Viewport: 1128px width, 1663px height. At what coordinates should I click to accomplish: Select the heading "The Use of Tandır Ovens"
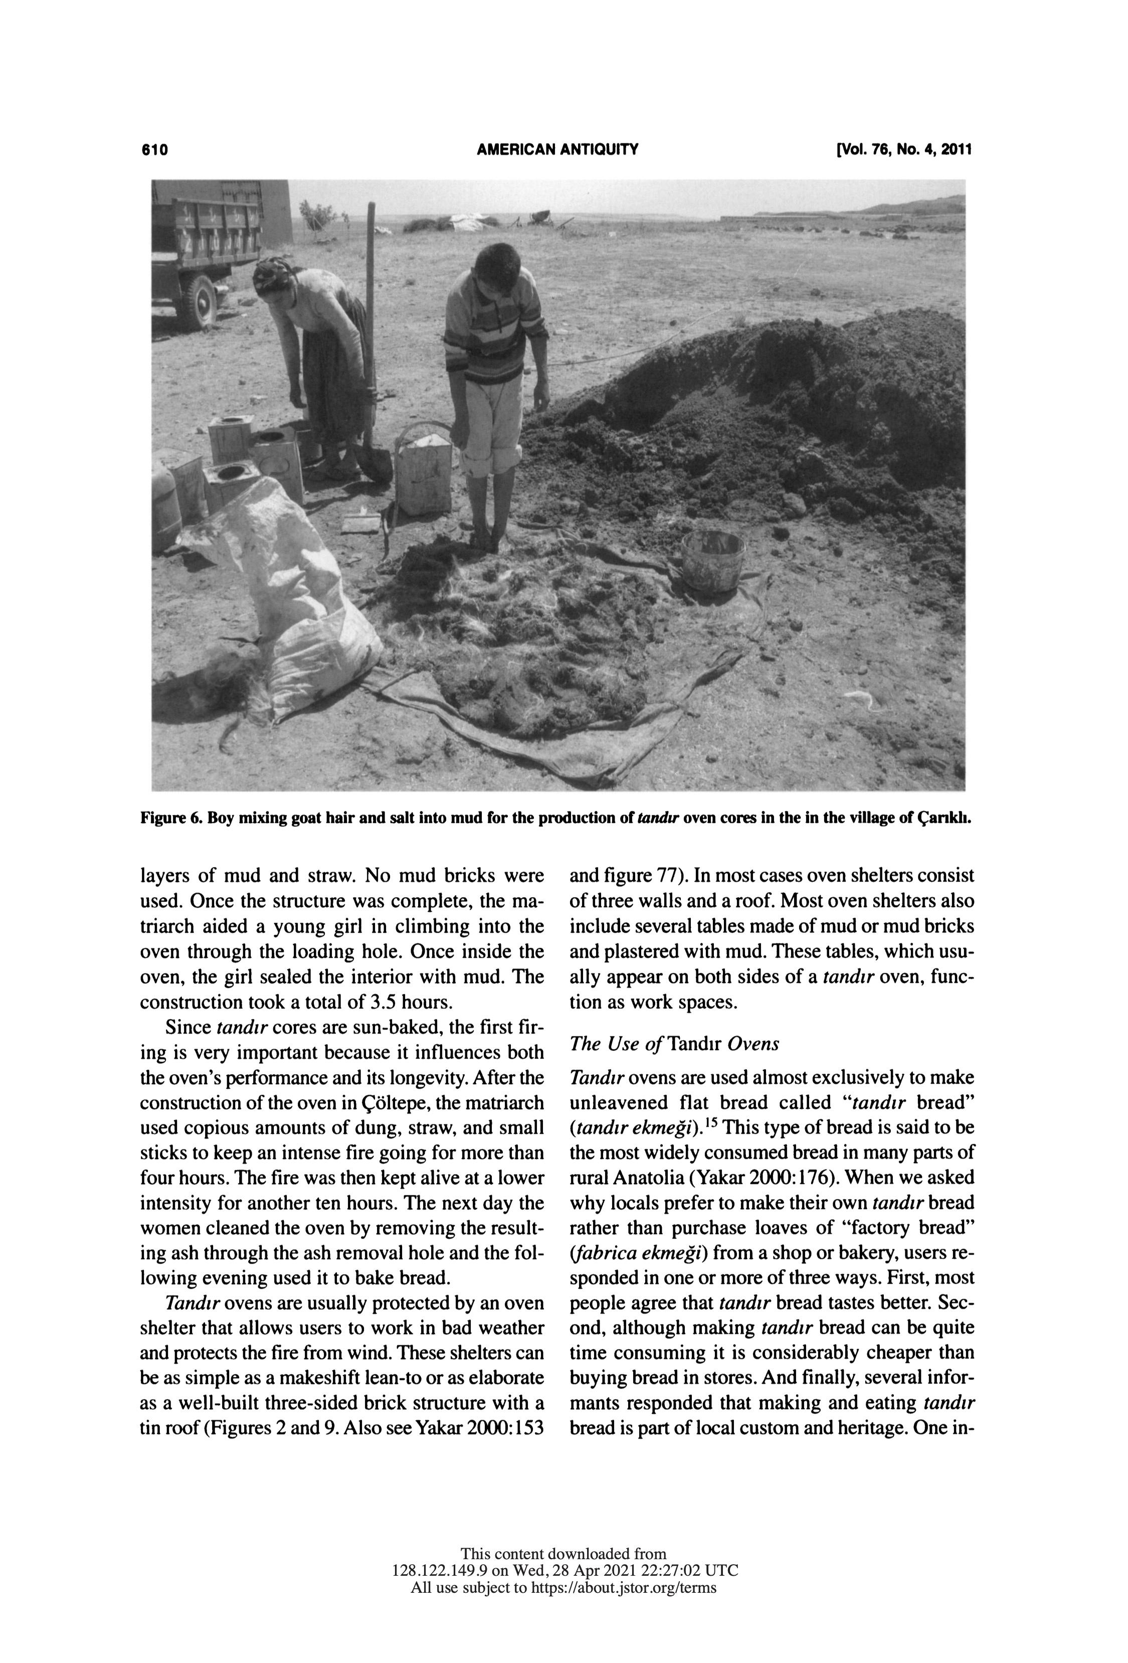pos(674,1043)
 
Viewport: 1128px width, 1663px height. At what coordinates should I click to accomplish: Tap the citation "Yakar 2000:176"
pos(765,1177)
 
